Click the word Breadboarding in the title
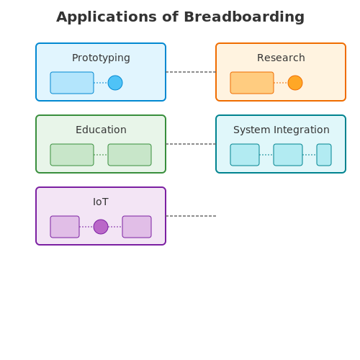pos(244,17)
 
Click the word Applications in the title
pos(107,17)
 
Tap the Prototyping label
pos(101,58)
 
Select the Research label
pos(281,58)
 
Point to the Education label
pos(101,130)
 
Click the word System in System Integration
pos(252,130)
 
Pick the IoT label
pos(101,202)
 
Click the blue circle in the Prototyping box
pos(115,83)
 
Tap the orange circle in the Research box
pos(295,83)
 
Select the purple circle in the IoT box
pos(101,227)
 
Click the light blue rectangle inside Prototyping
pos(72,83)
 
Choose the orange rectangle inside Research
pos(252,83)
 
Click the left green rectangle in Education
pos(72,155)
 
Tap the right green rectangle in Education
pos(130,155)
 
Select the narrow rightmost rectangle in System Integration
pos(324,155)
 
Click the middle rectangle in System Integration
pos(288,155)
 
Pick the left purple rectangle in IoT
pos(65,227)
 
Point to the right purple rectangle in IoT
pos(137,227)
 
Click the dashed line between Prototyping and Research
pos(191,72)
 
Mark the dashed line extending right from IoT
pos(191,216)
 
